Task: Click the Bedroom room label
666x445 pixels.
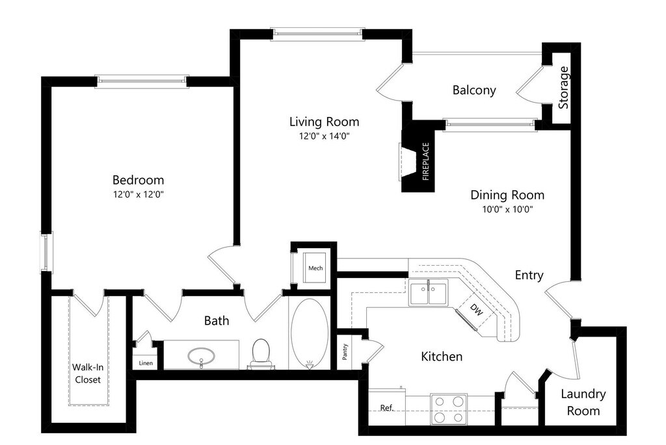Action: pyautogui.click(x=138, y=180)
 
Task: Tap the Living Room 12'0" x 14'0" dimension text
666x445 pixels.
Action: pyautogui.click(x=324, y=136)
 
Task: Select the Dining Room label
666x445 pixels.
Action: pyautogui.click(x=507, y=195)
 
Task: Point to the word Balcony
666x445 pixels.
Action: pyautogui.click(x=474, y=90)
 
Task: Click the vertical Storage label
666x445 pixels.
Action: pyautogui.click(x=564, y=88)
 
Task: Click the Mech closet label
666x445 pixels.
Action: pyautogui.click(x=315, y=268)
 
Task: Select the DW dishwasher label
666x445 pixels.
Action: pyautogui.click(x=477, y=312)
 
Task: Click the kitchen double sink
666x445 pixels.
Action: pyautogui.click(x=428, y=292)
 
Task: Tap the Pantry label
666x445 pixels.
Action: pyautogui.click(x=345, y=351)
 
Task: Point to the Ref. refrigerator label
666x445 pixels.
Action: pyautogui.click(x=387, y=408)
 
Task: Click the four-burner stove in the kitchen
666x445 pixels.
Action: pyautogui.click(x=449, y=409)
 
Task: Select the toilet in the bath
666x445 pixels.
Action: pyautogui.click(x=261, y=352)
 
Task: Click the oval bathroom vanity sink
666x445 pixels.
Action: pyautogui.click(x=202, y=356)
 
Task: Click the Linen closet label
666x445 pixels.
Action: pyautogui.click(x=146, y=363)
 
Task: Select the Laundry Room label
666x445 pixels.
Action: pyautogui.click(x=583, y=402)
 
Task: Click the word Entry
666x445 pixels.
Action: pyautogui.click(x=529, y=275)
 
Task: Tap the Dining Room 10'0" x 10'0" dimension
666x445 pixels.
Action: pyautogui.click(x=507, y=209)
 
